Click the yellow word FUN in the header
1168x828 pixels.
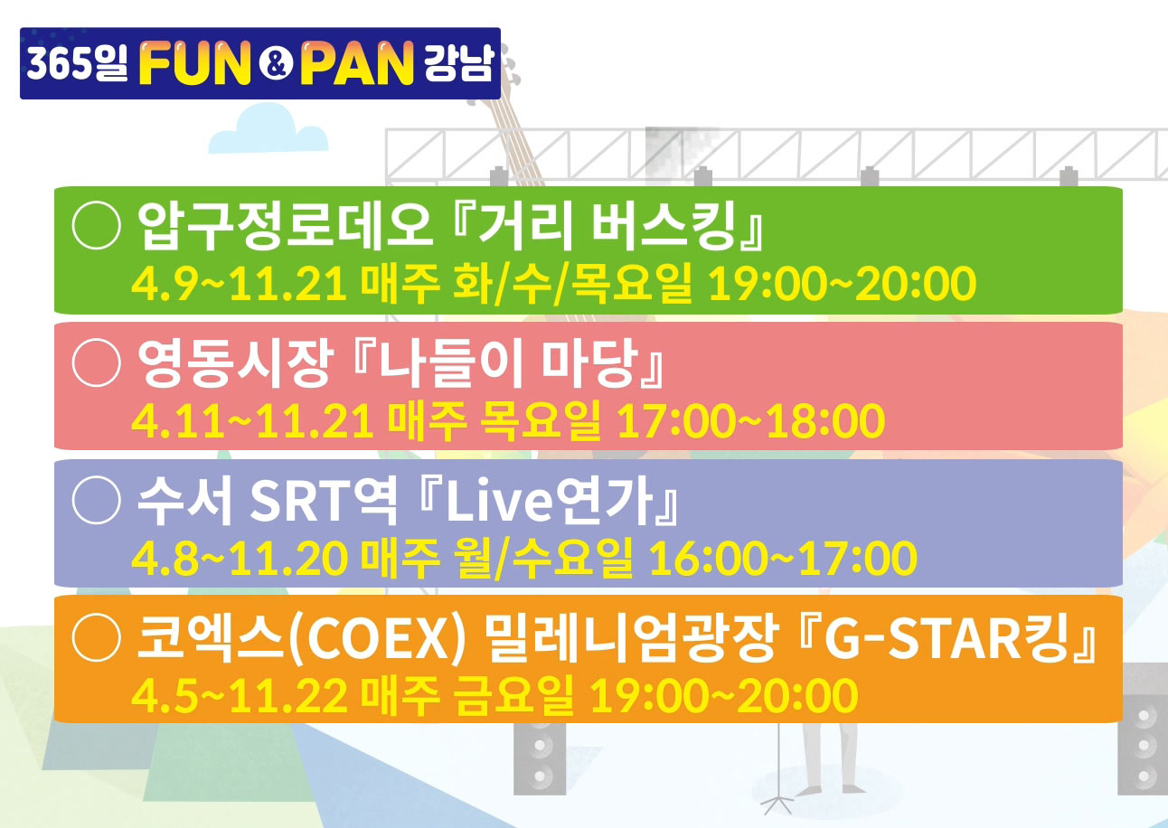point(195,63)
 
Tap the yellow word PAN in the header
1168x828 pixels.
point(357,63)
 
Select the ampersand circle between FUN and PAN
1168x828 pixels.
point(276,64)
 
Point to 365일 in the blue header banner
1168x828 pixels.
point(78,63)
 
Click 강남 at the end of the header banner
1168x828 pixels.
point(457,62)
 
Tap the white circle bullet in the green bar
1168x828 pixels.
point(97,225)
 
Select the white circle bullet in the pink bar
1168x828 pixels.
point(97,362)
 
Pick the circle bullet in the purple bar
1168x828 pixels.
point(97,500)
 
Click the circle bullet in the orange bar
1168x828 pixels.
point(97,636)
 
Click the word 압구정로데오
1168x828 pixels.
point(286,225)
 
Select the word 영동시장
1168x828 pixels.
point(236,362)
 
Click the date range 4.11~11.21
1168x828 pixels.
point(253,421)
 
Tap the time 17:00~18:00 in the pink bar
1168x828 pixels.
point(751,421)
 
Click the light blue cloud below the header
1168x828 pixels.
point(268,130)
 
